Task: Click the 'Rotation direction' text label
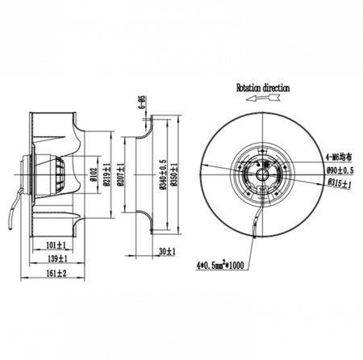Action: click(x=263, y=88)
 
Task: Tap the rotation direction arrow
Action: click(x=263, y=98)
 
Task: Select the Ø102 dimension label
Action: click(x=94, y=174)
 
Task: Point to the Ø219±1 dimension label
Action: click(x=106, y=174)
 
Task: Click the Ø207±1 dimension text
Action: click(x=120, y=174)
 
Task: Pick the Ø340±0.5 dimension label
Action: click(x=164, y=174)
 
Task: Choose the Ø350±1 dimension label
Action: click(x=174, y=174)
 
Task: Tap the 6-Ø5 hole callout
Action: click(x=142, y=102)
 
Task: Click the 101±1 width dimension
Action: click(x=56, y=245)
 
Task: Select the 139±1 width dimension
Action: click(x=57, y=258)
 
